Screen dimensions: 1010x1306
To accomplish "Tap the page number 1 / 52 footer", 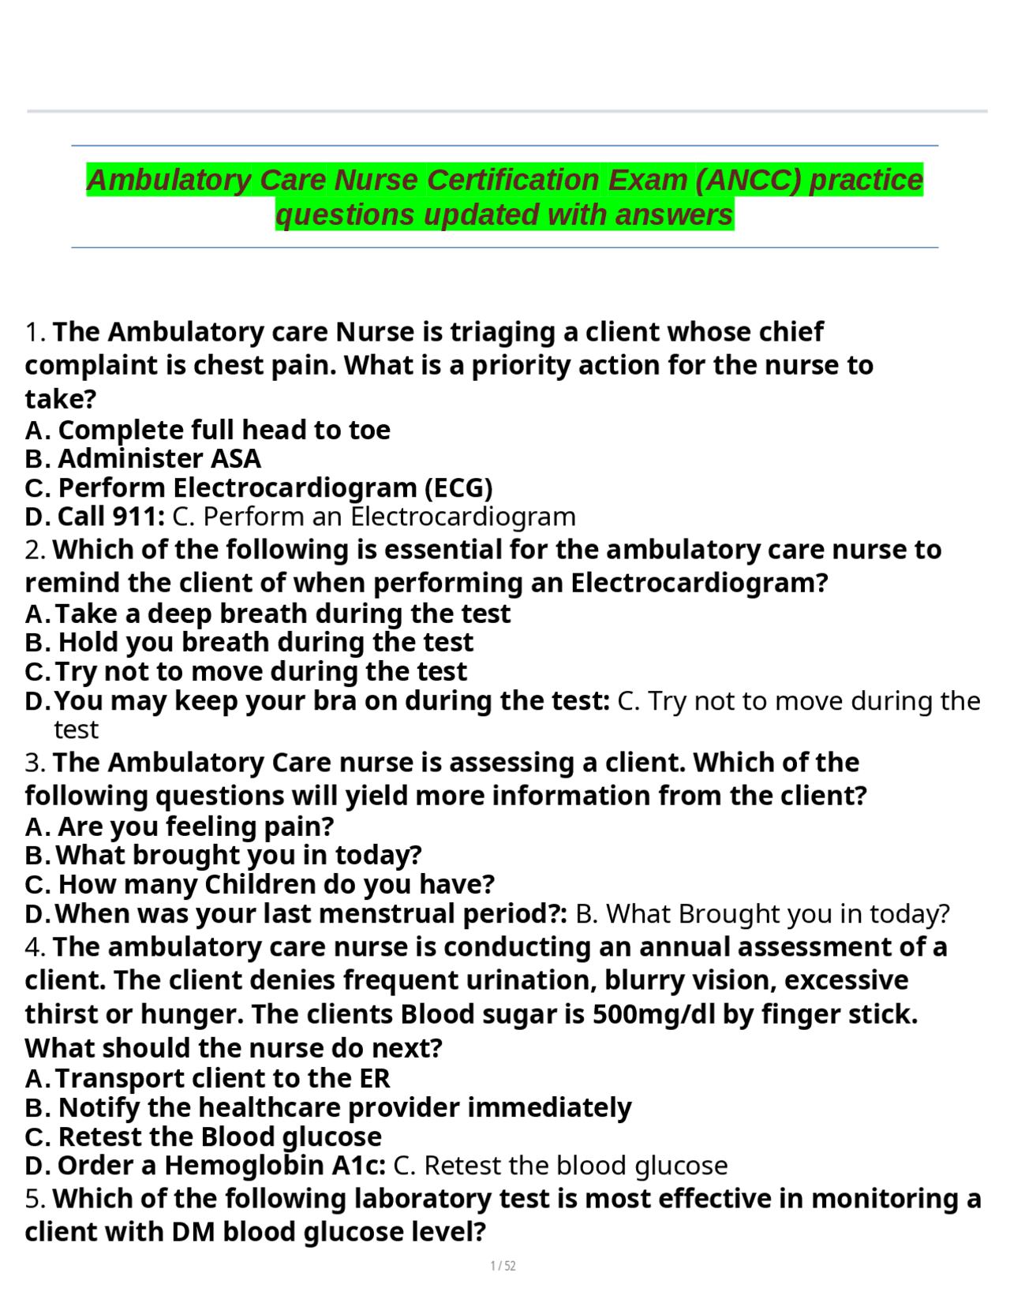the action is tap(503, 1266).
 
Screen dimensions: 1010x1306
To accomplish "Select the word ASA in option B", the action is tap(236, 458).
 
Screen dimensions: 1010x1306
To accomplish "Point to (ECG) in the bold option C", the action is tap(458, 487).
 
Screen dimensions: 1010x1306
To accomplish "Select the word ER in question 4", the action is tap(375, 1078).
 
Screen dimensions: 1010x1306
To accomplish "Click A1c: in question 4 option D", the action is tap(359, 1166).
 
